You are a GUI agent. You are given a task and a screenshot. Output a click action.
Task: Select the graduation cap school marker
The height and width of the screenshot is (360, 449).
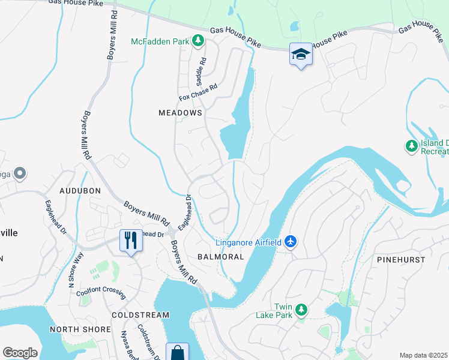coord(301,55)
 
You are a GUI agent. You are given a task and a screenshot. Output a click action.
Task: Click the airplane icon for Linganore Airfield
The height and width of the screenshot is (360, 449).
coord(291,241)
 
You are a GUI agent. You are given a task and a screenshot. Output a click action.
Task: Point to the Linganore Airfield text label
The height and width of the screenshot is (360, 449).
coord(247,242)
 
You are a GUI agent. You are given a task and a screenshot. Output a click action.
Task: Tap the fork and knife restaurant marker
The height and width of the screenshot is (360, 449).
coord(130,241)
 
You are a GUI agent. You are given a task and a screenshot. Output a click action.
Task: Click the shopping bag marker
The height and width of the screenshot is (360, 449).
coord(177,353)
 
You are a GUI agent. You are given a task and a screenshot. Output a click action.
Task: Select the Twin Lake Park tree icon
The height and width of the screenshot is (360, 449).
coord(301,310)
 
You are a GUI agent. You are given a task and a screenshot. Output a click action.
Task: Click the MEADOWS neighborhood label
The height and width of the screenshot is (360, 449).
coord(180,113)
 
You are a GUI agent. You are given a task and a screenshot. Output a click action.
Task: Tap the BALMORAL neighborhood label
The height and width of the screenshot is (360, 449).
coord(221,257)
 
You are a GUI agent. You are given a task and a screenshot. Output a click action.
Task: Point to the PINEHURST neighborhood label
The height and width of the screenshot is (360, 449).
coord(401,260)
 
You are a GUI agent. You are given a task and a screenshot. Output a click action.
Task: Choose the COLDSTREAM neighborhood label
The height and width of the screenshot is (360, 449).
coord(140,315)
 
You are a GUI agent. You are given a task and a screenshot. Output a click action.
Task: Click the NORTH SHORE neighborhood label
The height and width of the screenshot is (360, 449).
coord(80,329)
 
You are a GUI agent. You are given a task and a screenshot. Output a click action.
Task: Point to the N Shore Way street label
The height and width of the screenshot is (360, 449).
coord(76,271)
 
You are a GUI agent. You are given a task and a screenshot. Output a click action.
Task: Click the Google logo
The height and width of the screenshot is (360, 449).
coord(20,353)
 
